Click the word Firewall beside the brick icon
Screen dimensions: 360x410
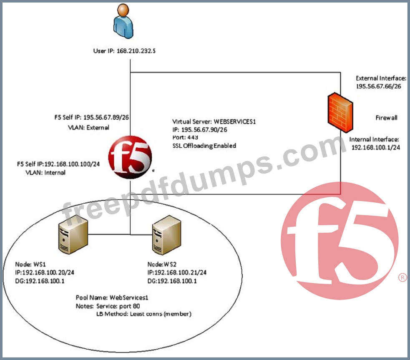(x=386, y=118)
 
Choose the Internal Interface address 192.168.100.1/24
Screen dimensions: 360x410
(x=375, y=147)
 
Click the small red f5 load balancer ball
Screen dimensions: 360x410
(x=130, y=157)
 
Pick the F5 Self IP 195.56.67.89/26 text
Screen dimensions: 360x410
(x=95, y=118)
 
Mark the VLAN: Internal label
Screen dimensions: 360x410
(x=45, y=172)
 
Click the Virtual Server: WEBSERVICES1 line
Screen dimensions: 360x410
(x=214, y=122)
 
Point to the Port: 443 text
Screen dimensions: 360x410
(x=185, y=137)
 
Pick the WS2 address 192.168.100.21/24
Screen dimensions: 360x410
(x=177, y=272)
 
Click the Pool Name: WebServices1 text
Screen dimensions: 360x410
(x=112, y=298)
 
